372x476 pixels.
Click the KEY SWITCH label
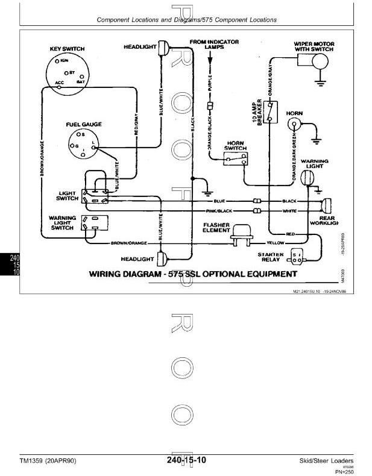67,49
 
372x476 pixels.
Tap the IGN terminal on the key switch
57,61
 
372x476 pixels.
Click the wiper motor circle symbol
321,60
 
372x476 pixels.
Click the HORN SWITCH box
236,159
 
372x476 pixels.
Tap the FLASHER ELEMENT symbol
241,237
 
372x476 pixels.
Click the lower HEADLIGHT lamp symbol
160,259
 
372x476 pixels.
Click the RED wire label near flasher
290,233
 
